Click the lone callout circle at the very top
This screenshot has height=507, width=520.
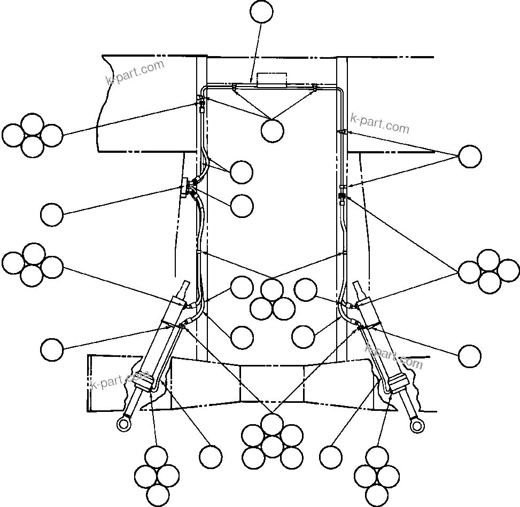(262, 12)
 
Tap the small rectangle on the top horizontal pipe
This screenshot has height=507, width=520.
(271, 79)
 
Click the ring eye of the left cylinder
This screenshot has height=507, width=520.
(123, 424)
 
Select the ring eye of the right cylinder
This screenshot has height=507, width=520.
(417, 424)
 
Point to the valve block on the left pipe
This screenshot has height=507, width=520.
(185, 188)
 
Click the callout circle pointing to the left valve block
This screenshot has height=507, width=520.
(52, 215)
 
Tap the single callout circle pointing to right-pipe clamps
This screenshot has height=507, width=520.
(470, 156)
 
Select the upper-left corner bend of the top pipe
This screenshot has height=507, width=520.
(203, 87)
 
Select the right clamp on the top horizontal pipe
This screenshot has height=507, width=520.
(315, 87)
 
